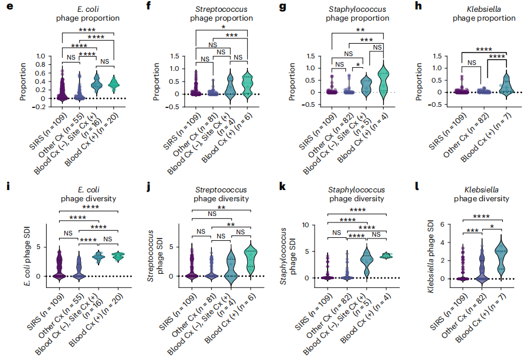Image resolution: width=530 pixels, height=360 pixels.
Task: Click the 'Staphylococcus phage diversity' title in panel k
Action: coord(356,194)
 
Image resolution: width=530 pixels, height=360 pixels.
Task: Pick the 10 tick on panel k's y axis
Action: coord(305,225)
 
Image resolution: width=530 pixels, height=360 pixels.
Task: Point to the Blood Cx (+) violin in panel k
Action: coord(386,256)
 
